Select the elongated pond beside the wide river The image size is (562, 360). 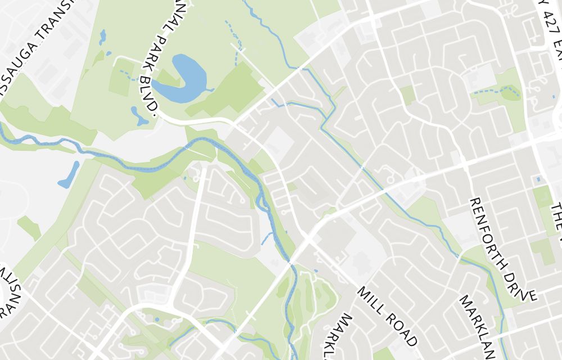69,175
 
